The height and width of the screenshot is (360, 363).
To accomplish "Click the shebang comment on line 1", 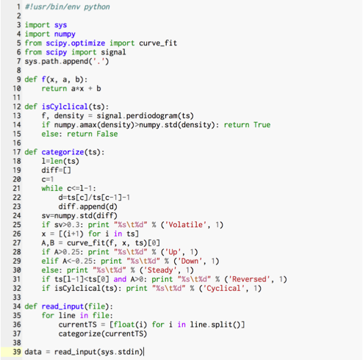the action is [67, 7].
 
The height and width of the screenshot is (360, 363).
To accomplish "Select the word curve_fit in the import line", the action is [158, 43].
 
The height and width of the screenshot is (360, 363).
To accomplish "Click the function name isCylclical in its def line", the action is [65, 107].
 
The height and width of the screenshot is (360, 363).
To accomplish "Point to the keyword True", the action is [262, 125].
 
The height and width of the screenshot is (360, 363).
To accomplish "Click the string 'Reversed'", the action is [249, 279].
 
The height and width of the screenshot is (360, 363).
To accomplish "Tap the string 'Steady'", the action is [160, 270].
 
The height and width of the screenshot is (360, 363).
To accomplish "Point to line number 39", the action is [17, 352].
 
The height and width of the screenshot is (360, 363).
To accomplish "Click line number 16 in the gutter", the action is [17, 143].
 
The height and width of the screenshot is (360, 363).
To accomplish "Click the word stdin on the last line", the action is [129, 352].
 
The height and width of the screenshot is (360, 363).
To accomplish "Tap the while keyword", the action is [52, 188].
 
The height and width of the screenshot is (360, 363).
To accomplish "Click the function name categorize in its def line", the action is [62, 152].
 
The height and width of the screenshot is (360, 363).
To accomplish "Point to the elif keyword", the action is [50, 262].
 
